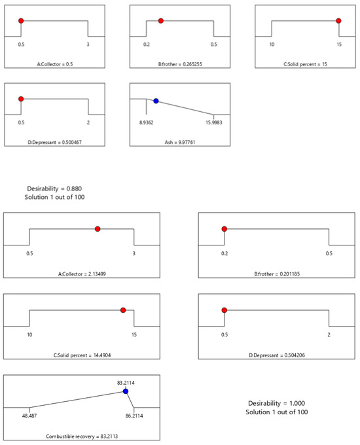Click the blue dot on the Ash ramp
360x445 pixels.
click(x=156, y=101)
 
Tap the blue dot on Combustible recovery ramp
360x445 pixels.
click(x=126, y=391)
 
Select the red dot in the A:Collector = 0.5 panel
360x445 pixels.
click(x=21, y=21)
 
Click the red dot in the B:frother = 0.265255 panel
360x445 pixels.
click(x=161, y=21)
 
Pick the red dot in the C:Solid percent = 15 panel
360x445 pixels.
click(x=338, y=21)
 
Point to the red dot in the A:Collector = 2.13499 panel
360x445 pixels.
click(x=98, y=229)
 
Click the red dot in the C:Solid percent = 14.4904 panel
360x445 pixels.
click(x=123, y=310)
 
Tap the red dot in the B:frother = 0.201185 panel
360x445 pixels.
click(x=225, y=229)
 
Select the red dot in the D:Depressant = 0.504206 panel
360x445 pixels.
click(x=225, y=310)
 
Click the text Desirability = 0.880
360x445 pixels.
click(x=54, y=188)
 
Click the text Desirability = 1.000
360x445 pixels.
click(x=276, y=403)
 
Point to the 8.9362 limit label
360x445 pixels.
click(x=146, y=122)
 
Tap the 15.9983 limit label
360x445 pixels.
click(x=214, y=122)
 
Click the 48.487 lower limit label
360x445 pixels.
click(x=29, y=416)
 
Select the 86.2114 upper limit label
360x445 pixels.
click(x=134, y=416)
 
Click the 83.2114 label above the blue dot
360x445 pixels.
click(x=126, y=383)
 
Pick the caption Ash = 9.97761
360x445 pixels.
click(x=180, y=142)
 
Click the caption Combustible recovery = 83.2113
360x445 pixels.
click(x=82, y=436)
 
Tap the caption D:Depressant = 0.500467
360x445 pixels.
click(x=54, y=142)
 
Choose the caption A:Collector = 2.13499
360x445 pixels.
click(x=82, y=274)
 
